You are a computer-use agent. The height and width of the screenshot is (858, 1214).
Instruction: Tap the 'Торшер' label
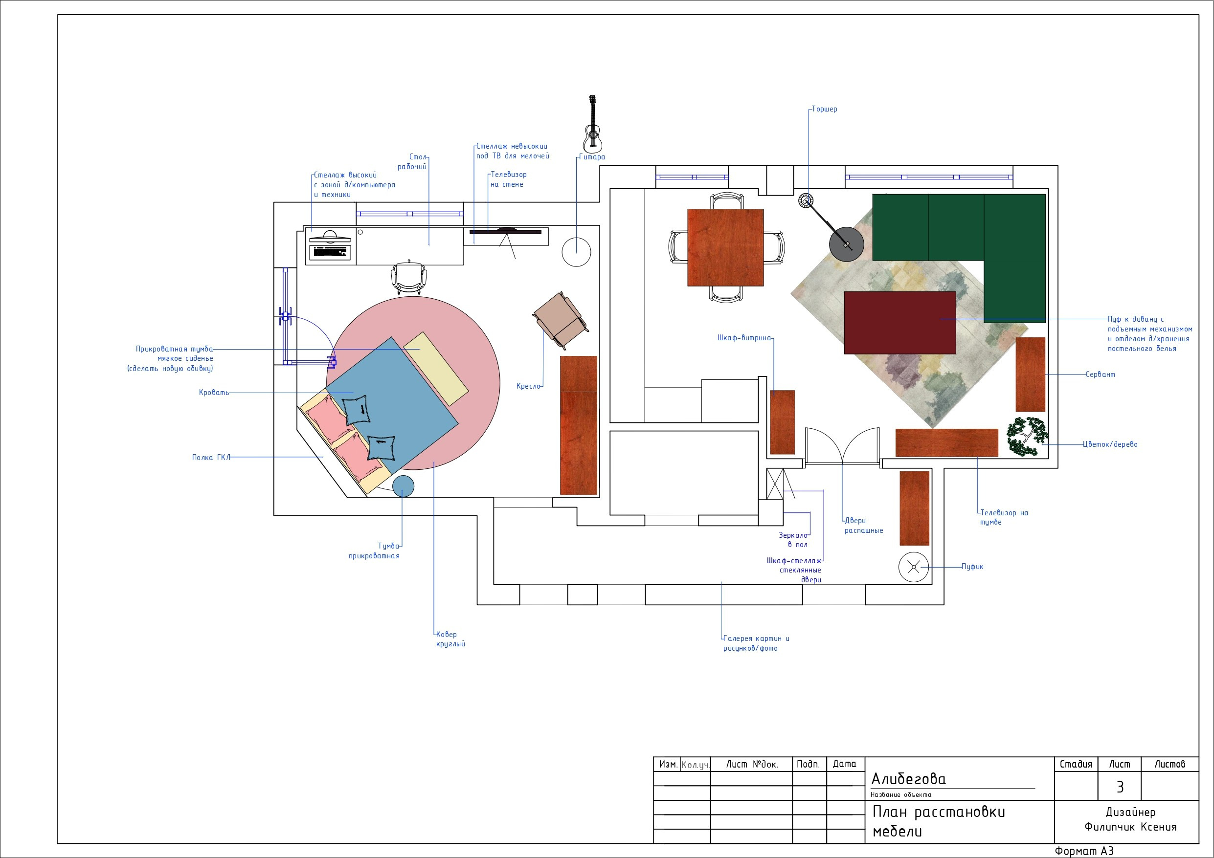click(x=824, y=110)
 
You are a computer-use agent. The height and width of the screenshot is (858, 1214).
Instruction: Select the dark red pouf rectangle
click(x=900, y=323)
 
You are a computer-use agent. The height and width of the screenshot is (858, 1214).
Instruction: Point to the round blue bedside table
click(x=403, y=486)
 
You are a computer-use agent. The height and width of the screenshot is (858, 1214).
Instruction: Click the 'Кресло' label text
click(x=528, y=386)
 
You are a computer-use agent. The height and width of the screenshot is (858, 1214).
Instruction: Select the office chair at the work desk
click(x=409, y=278)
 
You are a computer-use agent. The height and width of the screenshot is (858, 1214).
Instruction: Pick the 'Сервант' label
click(x=1101, y=374)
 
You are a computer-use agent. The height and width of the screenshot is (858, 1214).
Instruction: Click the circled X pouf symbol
click(x=913, y=568)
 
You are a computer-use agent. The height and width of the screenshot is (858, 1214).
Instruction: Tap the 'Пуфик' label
click(x=972, y=567)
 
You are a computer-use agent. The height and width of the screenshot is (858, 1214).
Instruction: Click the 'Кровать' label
click(x=214, y=393)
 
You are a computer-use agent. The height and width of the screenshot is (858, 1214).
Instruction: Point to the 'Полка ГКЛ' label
click(x=211, y=457)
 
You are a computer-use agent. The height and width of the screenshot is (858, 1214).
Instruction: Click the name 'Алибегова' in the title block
click(x=908, y=779)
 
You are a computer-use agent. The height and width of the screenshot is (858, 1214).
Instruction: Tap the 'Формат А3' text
click(x=1084, y=851)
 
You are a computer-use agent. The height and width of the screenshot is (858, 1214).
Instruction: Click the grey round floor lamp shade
click(x=847, y=243)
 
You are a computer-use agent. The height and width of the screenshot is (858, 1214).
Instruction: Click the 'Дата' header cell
click(x=844, y=764)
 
